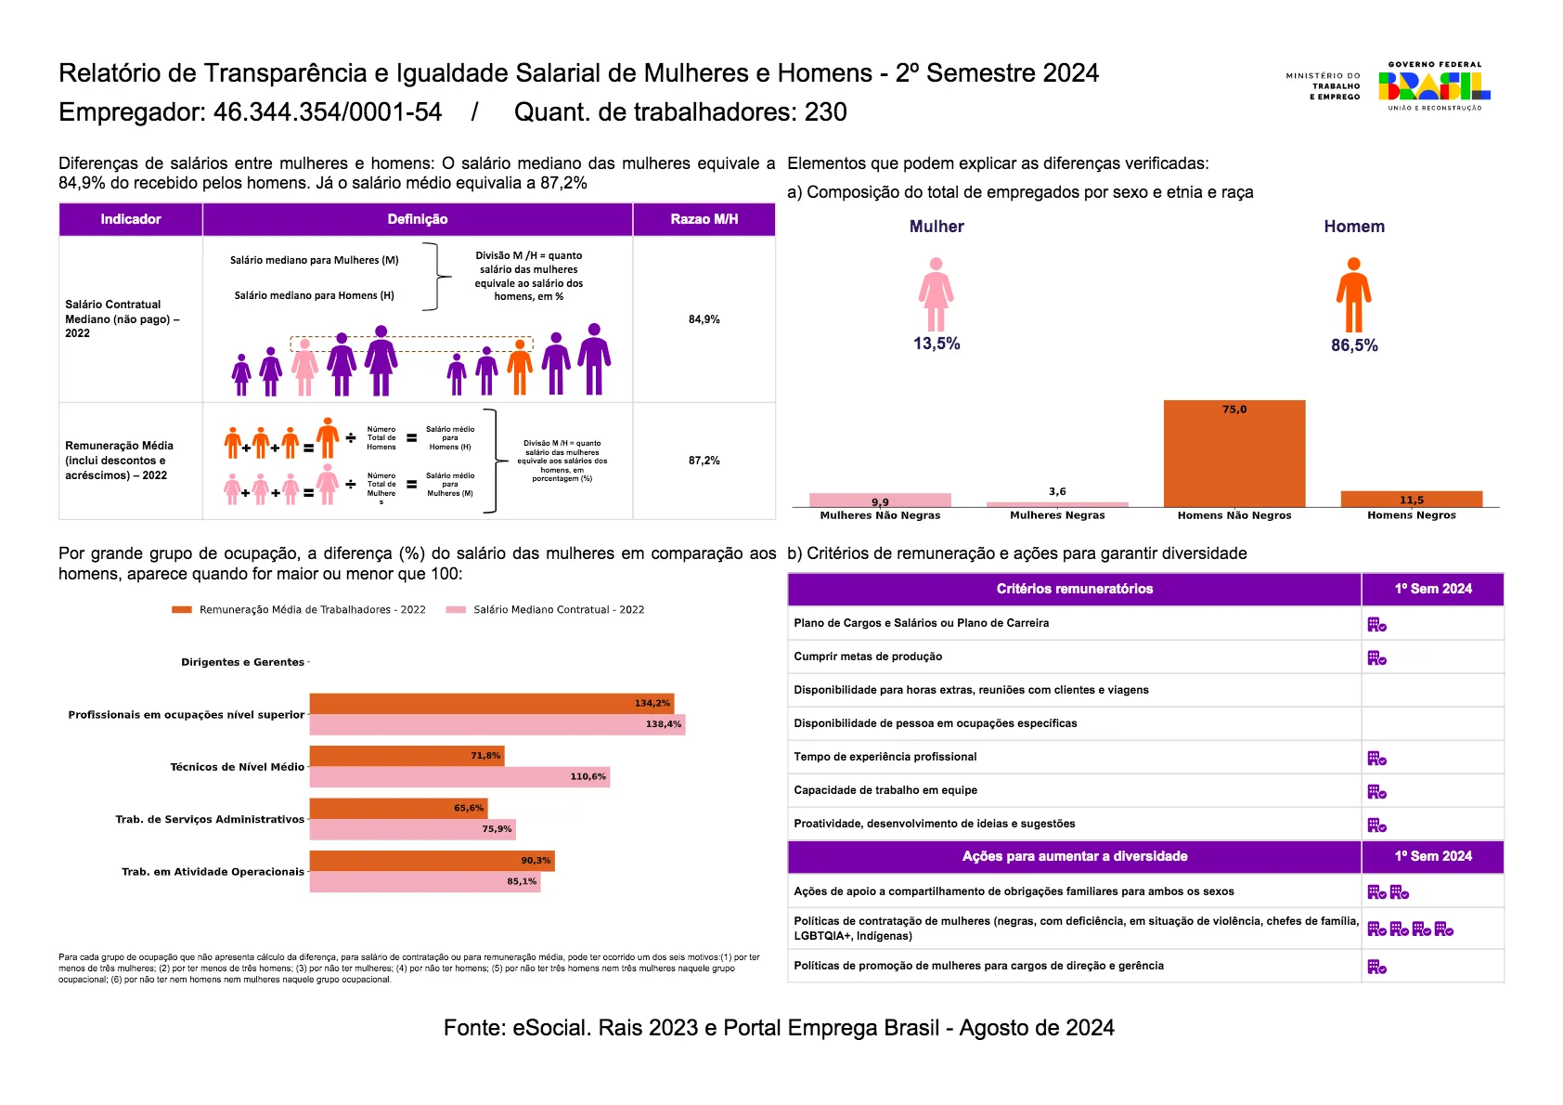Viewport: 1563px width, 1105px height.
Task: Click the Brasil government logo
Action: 1434,85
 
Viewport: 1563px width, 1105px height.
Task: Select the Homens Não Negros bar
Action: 1234,453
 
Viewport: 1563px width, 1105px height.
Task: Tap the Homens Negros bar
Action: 1412,499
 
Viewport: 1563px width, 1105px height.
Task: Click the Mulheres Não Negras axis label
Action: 880,515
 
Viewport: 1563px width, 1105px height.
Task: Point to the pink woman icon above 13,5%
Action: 936,293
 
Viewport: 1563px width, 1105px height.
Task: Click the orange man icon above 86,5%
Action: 1353,294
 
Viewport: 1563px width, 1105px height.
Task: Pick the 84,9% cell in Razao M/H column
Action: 704,319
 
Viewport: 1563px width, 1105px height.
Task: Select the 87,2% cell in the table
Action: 704,460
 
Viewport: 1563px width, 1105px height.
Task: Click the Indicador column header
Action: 131,219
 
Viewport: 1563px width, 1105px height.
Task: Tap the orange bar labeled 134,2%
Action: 492,703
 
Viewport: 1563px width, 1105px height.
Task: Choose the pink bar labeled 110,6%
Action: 459,776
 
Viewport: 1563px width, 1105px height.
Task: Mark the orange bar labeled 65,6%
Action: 398,808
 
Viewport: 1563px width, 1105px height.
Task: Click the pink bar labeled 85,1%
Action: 425,881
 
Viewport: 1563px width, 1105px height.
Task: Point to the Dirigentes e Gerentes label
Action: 243,662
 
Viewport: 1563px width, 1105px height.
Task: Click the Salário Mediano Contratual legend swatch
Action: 456,609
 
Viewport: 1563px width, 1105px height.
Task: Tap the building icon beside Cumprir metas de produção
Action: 1376,657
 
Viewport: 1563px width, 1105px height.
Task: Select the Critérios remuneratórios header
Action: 1075,589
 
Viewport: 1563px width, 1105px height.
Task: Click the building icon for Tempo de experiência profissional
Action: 1376,758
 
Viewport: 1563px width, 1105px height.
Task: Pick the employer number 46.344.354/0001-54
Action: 328,111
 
